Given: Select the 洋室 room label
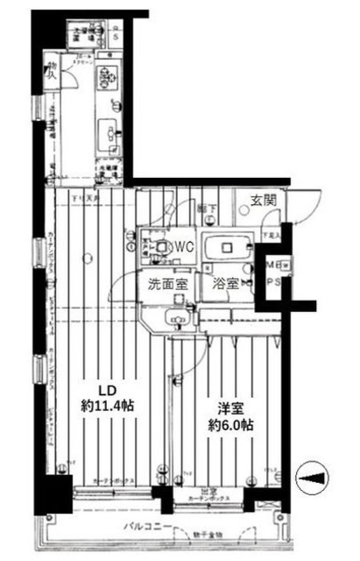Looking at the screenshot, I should click(231, 408).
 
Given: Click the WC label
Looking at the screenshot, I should click(182, 247).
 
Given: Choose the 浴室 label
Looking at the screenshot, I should click(227, 284).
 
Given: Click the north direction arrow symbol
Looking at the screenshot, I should click(314, 476).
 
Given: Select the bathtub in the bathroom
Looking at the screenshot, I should click(228, 248).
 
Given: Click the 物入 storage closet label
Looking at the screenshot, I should click(53, 69).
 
